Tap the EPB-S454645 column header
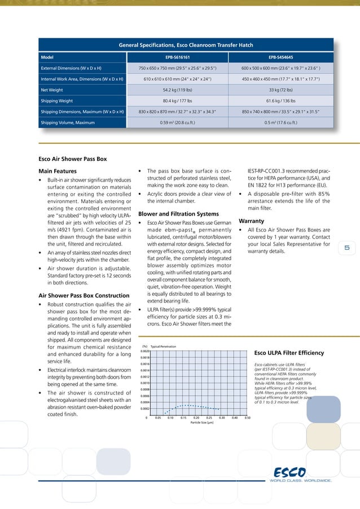(x=280, y=57)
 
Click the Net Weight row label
(x=51, y=89)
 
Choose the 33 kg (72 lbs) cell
(x=280, y=89)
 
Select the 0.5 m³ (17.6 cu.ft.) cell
(x=280, y=122)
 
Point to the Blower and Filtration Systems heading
(x=178, y=214)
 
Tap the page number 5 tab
(x=348, y=247)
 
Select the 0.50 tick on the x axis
(x=247, y=418)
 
